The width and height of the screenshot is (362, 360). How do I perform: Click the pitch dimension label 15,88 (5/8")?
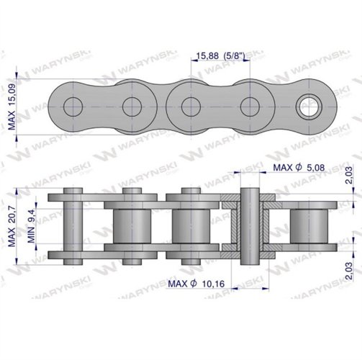click(220, 56)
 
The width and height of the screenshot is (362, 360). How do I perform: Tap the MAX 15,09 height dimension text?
click(12, 107)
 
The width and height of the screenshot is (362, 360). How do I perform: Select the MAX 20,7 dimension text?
click(12, 227)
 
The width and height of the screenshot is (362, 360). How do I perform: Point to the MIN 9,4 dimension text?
click(31, 225)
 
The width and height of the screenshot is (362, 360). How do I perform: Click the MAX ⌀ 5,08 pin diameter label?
click(299, 167)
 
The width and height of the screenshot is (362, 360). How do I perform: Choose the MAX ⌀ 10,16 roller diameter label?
click(196, 284)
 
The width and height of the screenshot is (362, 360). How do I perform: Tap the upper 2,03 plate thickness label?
click(349, 175)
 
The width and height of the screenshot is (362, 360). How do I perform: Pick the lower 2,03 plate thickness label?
click(349, 271)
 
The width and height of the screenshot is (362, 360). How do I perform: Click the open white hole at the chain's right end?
click(309, 107)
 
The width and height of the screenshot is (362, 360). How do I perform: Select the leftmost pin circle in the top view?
click(73, 107)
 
